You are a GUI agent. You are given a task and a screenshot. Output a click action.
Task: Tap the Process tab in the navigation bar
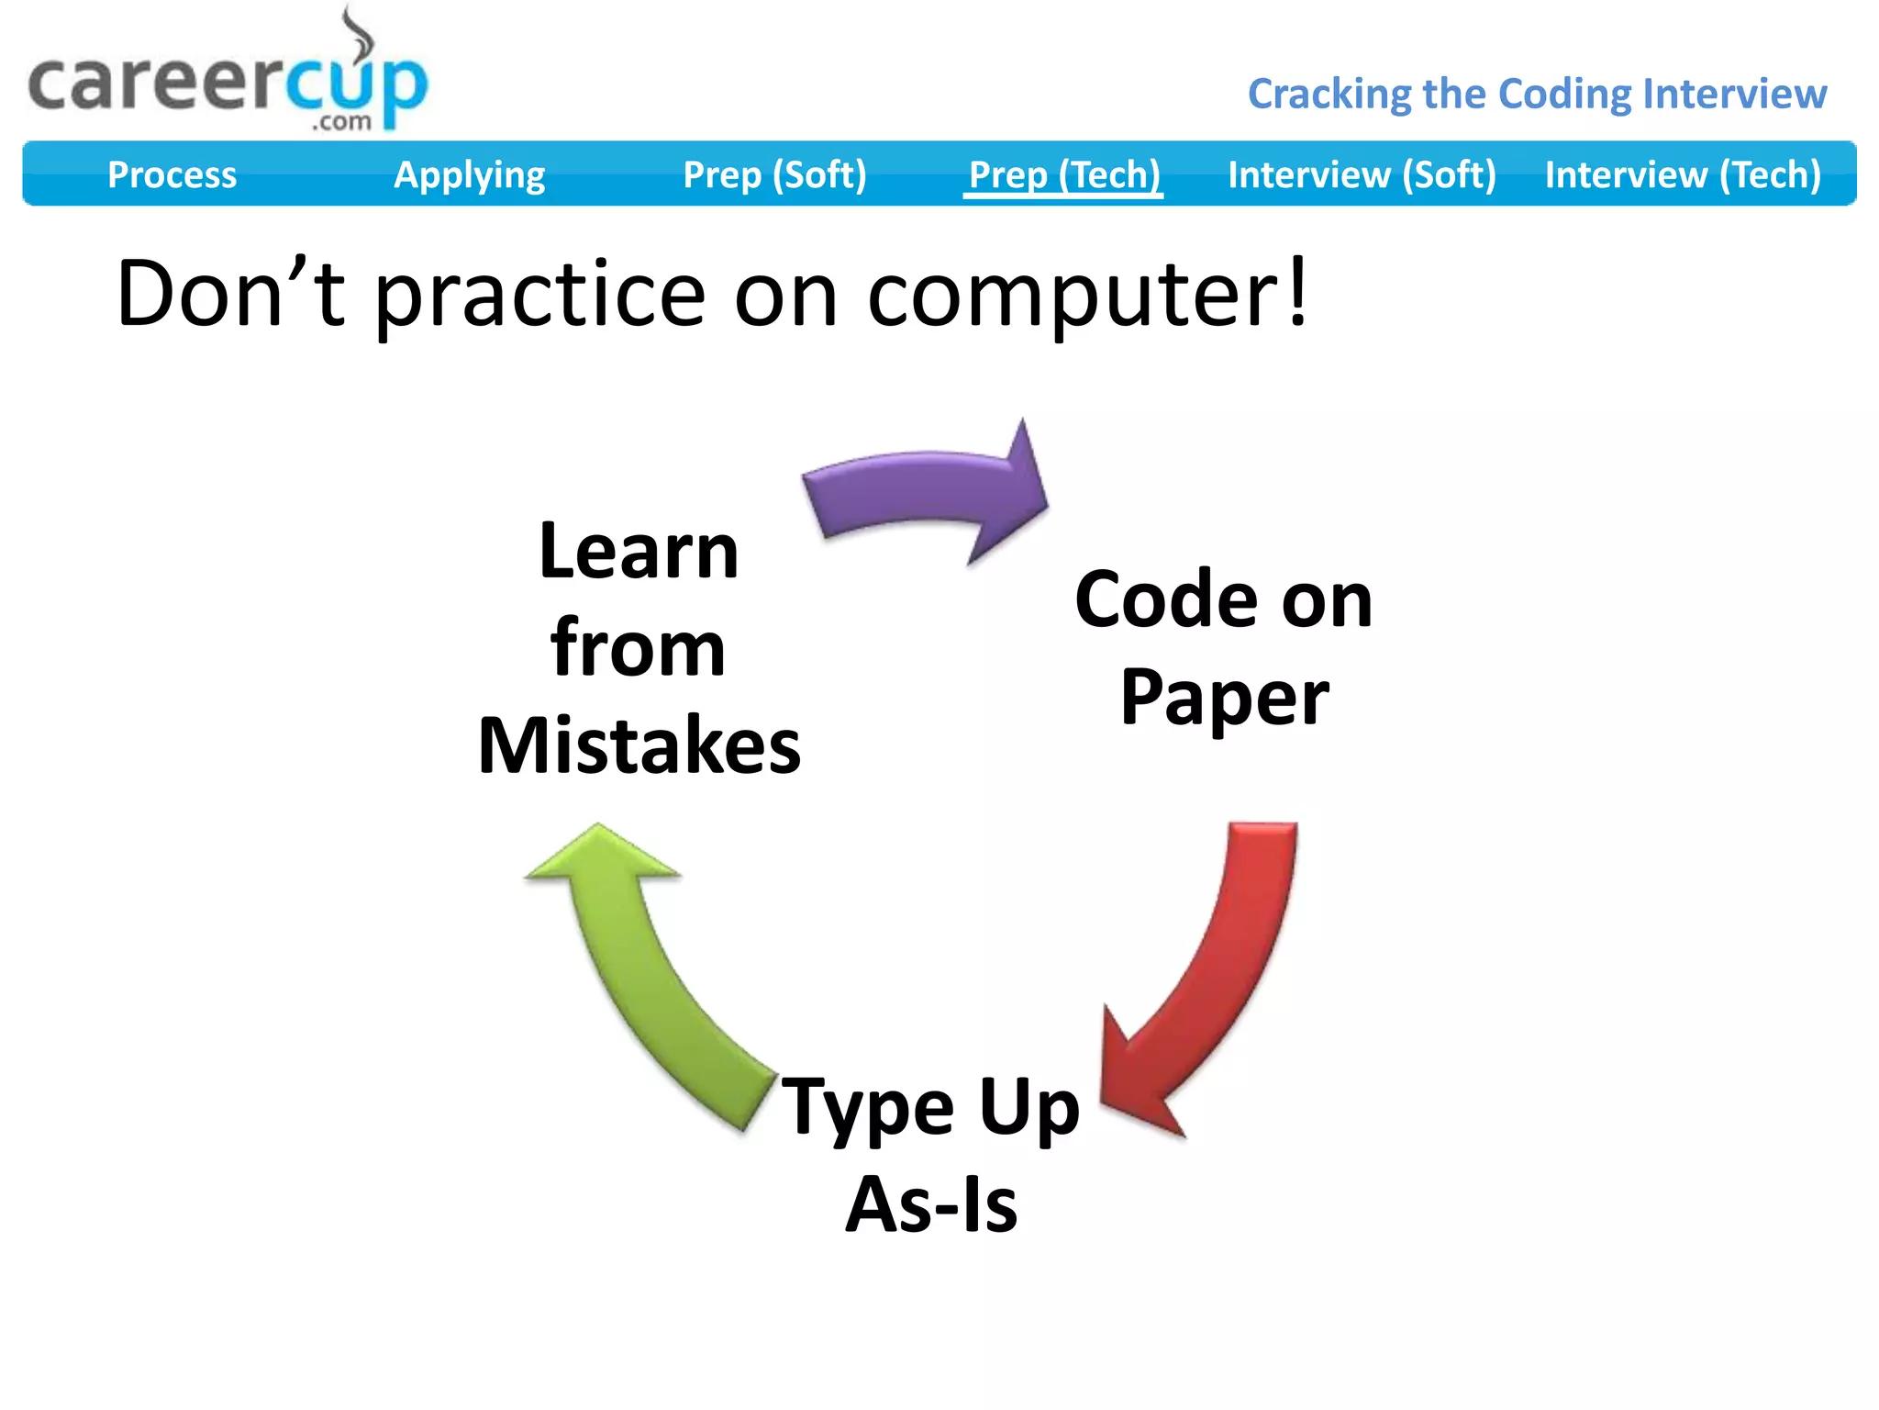[x=172, y=174]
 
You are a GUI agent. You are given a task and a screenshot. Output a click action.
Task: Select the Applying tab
[x=469, y=174]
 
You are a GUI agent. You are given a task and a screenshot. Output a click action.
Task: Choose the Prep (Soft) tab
[x=774, y=174]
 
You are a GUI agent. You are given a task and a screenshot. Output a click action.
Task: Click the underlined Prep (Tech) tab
[x=1063, y=174]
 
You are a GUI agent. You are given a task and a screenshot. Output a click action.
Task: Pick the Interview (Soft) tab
[x=1362, y=174]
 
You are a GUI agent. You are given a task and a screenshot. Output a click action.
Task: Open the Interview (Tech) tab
[x=1683, y=174]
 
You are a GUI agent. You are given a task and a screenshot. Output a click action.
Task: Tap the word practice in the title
[x=540, y=296]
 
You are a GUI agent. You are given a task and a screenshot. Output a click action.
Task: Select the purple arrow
[x=927, y=491]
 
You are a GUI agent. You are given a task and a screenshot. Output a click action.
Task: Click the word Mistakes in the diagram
[x=639, y=745]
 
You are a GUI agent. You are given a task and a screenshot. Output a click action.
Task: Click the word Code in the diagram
[x=1165, y=600]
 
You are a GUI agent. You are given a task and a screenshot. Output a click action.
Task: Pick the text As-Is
[x=930, y=1204]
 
